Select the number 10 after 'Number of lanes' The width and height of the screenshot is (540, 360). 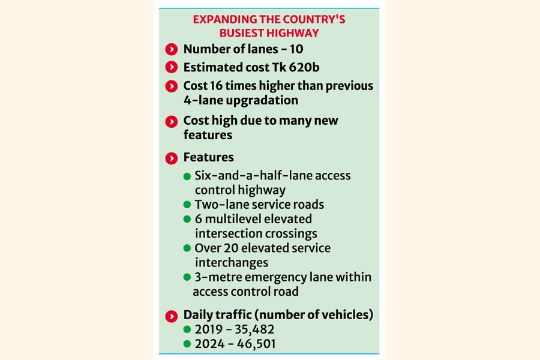tap(296, 49)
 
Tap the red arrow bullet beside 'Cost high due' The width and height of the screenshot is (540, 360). tap(172, 121)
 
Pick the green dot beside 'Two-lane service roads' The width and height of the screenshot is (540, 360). tap(187, 205)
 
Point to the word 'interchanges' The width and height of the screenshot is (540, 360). tap(231, 263)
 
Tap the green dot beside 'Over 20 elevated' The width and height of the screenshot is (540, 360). tap(187, 248)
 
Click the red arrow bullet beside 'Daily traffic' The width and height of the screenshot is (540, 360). tap(172, 316)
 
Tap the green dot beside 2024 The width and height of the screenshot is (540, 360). tap(187, 344)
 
